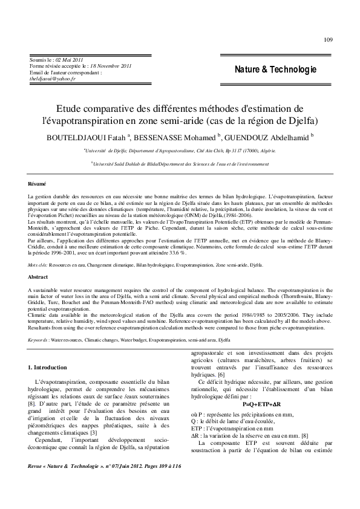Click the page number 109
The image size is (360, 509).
pyautogui.click(x=328, y=41)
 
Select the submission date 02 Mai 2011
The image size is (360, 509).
pyautogui.click(x=69, y=60)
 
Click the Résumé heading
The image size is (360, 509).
pyautogui.click(x=38, y=183)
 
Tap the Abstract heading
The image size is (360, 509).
pyautogui.click(x=38, y=276)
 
